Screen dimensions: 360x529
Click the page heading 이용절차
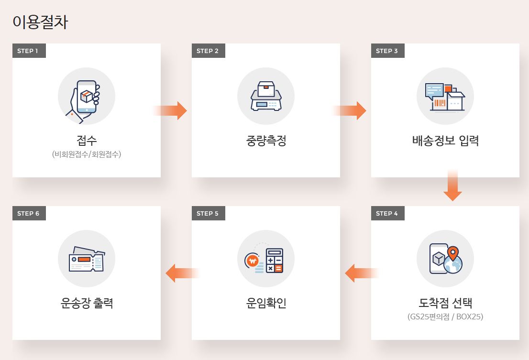click(x=40, y=22)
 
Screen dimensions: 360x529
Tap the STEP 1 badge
click(x=29, y=51)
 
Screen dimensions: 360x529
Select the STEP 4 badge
click(x=387, y=214)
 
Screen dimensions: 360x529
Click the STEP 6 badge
click(x=29, y=214)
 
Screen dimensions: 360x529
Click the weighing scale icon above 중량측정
click(x=266, y=96)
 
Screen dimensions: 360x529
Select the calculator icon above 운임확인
click(x=274, y=261)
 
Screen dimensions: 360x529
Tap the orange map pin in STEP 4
click(x=452, y=253)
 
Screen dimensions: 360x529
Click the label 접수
click(x=87, y=141)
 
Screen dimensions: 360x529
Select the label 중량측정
click(x=266, y=141)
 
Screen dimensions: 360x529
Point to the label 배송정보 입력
click(x=445, y=141)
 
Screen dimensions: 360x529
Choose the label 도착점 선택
click(x=445, y=303)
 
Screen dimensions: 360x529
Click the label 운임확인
click(x=266, y=303)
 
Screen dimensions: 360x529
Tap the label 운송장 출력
click(x=87, y=303)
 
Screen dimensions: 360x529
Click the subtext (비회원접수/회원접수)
click(x=87, y=154)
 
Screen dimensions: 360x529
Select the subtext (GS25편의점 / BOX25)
click(x=445, y=316)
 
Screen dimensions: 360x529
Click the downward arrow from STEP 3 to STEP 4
click(x=452, y=186)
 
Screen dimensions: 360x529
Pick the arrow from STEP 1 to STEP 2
click(x=172, y=110)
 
